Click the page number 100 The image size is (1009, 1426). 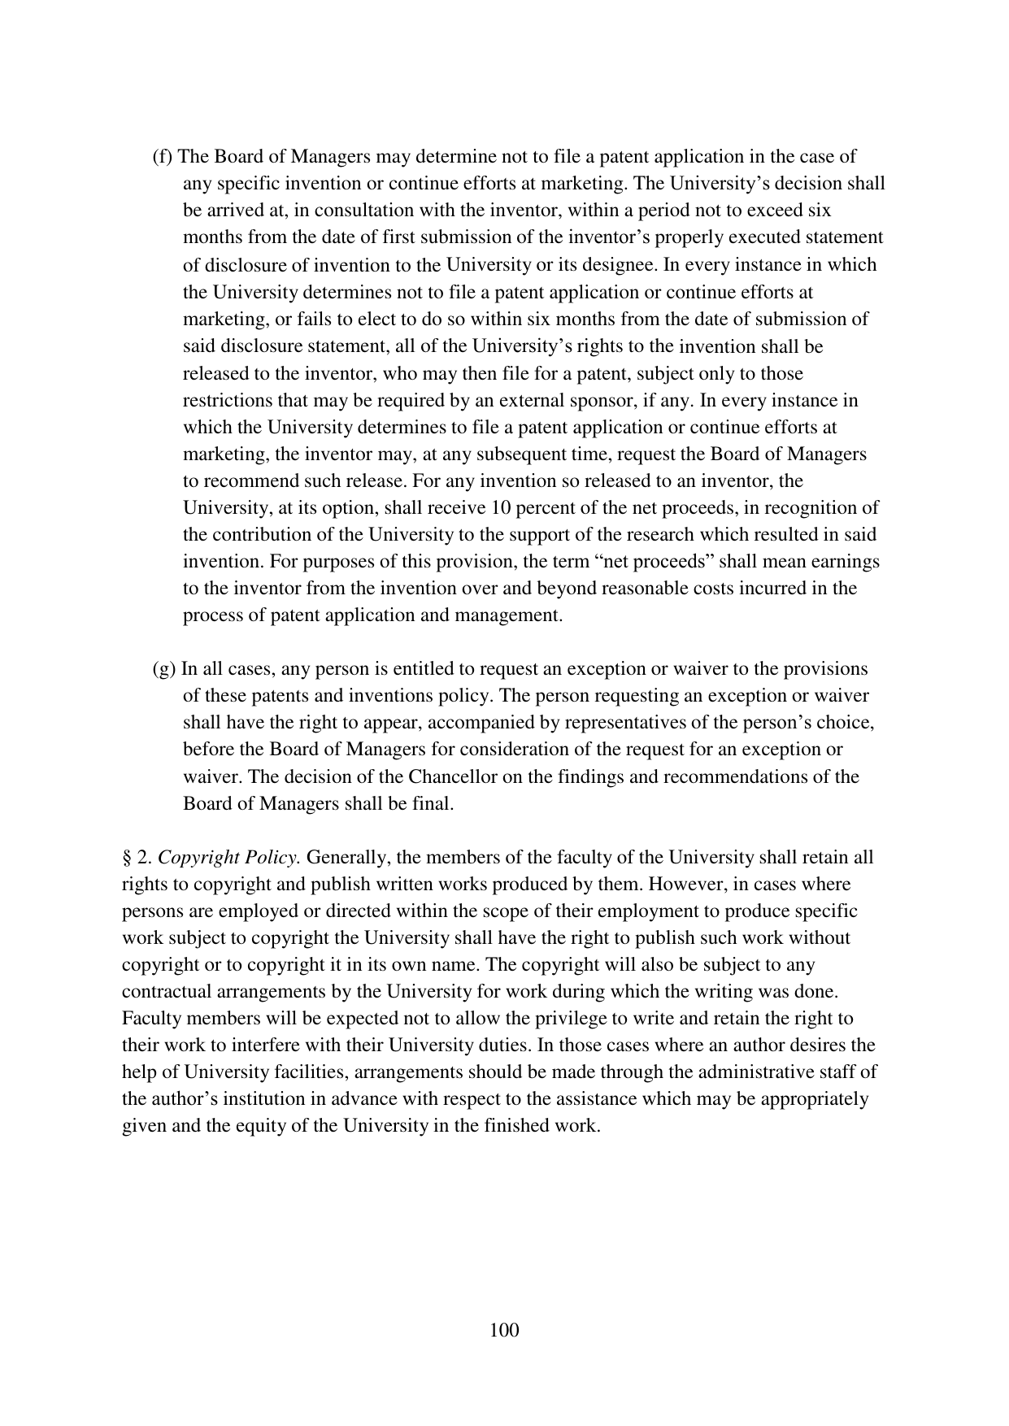coord(504,1330)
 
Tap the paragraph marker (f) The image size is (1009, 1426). coord(163,157)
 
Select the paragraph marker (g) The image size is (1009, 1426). coord(164,669)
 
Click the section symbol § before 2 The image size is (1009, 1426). coord(127,858)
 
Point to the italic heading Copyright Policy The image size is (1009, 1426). coord(229,858)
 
